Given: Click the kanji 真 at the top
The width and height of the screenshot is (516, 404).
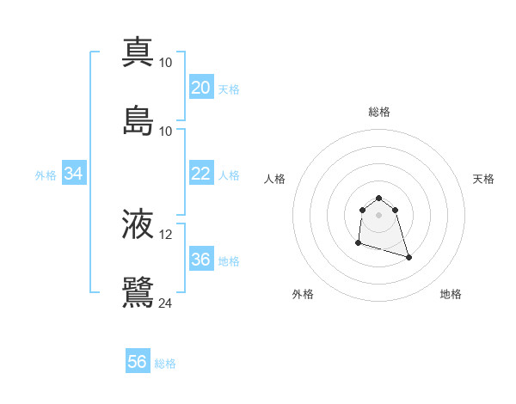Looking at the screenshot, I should point(138,52).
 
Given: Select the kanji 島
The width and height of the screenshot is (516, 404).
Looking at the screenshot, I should point(138,120).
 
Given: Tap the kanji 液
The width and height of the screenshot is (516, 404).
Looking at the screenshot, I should point(138,225).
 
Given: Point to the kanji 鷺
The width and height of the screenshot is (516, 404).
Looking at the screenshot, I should point(138,292).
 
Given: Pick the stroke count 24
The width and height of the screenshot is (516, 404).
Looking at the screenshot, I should point(166,303).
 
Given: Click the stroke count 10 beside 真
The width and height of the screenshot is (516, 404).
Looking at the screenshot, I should point(166,63).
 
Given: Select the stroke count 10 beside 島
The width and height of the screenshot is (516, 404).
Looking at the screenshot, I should point(166,131).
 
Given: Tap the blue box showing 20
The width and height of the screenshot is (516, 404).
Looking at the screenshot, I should point(200,88).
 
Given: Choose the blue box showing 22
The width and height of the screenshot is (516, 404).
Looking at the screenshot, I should point(200,174).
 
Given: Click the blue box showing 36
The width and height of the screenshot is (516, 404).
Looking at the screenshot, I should point(200,260).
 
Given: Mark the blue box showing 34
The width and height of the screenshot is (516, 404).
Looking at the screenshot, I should point(74,174).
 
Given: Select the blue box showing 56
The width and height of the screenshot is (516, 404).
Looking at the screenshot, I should point(138,362).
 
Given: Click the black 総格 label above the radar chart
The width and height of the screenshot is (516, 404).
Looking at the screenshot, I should point(379,112).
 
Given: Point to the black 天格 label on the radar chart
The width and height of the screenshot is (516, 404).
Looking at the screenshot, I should point(484,179).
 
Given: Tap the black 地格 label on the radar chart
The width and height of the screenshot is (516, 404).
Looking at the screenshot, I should point(451,294).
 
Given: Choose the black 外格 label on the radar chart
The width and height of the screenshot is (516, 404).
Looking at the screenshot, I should point(303,294).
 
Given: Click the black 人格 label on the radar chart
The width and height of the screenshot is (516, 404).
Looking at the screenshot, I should point(275,179).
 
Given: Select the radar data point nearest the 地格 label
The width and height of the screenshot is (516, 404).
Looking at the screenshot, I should point(408,257).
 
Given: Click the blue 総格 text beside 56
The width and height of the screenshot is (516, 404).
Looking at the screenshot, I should point(165,364).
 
